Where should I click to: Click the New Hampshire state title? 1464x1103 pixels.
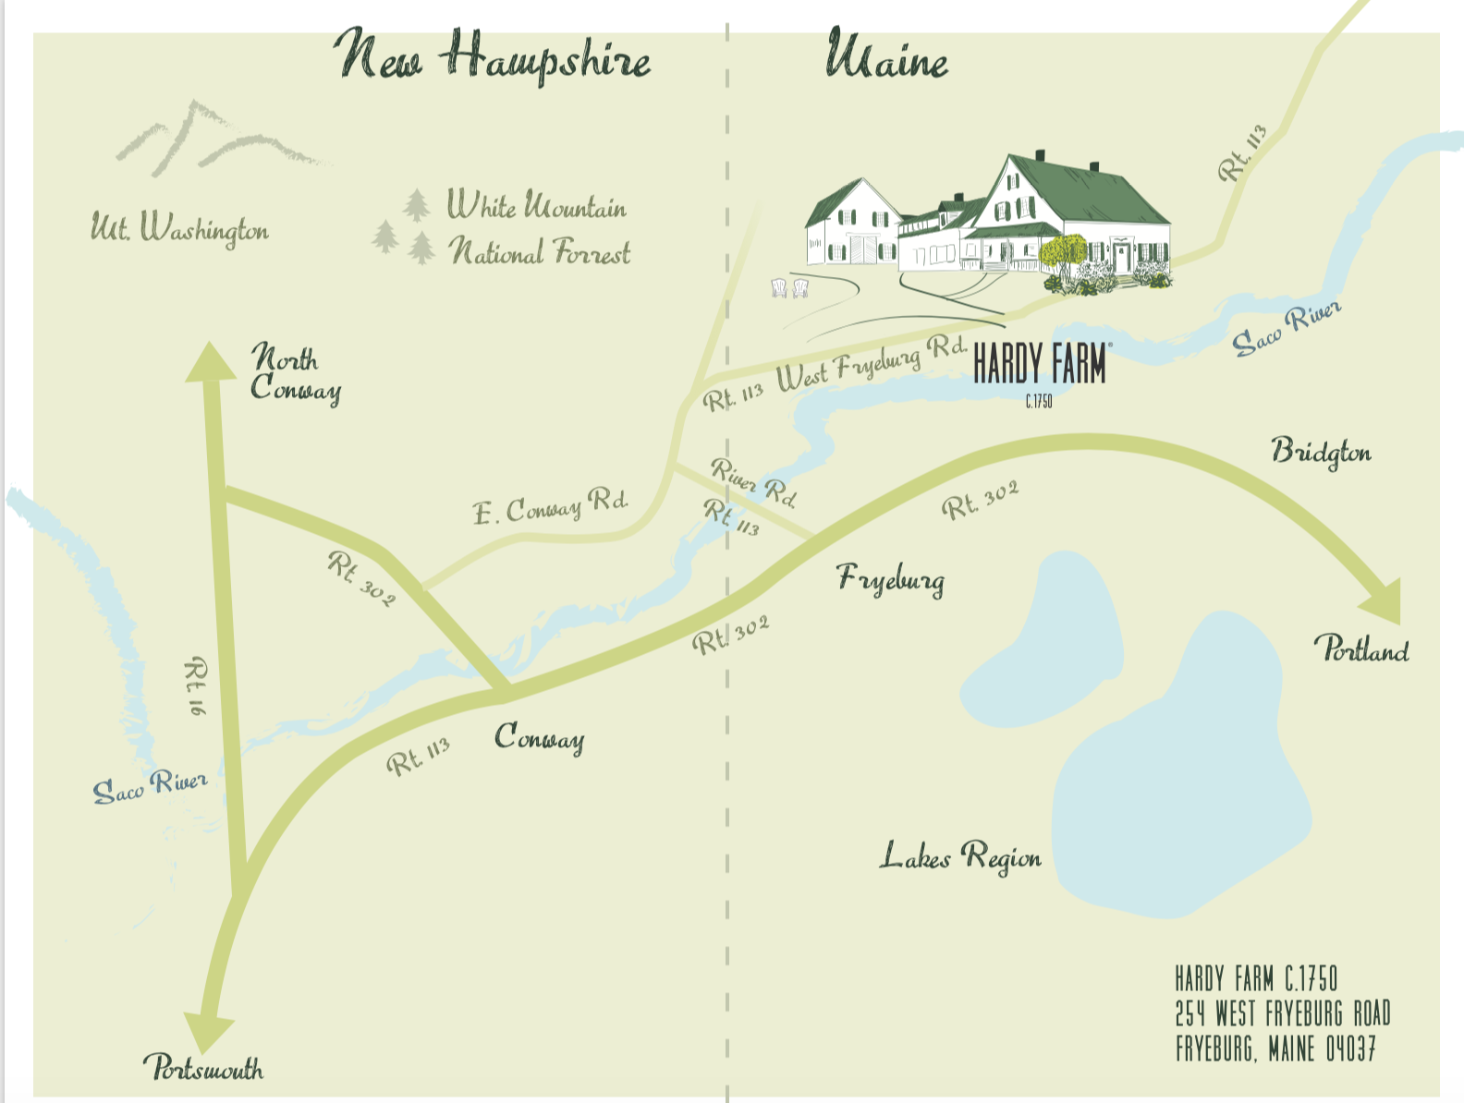(x=492, y=57)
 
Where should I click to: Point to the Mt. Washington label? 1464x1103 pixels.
(x=179, y=227)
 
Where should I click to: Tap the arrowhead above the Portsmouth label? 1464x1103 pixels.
(x=209, y=1030)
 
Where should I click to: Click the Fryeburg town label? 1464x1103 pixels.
(x=891, y=579)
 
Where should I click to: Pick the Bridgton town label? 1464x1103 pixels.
(x=1321, y=452)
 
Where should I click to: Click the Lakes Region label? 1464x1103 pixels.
(x=959, y=856)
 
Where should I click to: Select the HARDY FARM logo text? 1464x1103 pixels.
(x=1040, y=364)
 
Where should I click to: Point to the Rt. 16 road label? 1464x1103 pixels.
(x=196, y=685)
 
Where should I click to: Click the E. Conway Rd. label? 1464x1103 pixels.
(x=550, y=507)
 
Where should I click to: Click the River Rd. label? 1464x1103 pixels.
(x=753, y=482)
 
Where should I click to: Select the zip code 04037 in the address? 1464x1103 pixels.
(x=1350, y=1049)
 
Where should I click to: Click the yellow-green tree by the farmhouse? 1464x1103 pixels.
(x=1064, y=251)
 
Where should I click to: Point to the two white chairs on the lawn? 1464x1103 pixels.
(x=789, y=288)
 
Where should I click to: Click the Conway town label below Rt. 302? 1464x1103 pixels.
(x=539, y=738)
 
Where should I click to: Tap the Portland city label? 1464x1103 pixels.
(x=1361, y=649)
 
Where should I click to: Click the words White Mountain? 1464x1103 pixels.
(x=536, y=205)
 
